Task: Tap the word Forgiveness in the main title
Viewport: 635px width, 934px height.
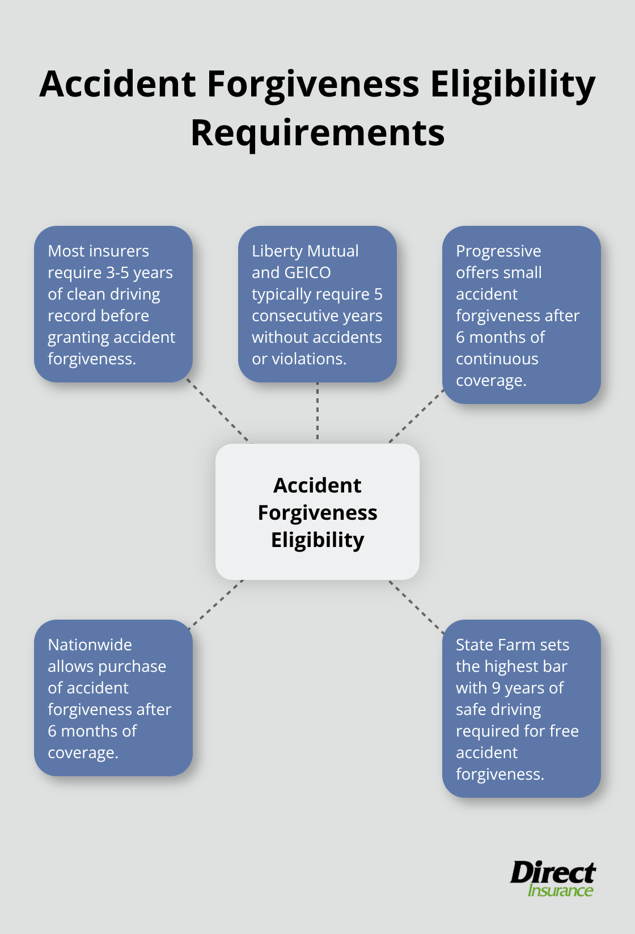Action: click(x=313, y=84)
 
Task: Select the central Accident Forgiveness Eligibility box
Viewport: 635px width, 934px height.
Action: click(x=317, y=512)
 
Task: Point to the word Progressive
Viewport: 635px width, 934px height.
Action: click(x=498, y=251)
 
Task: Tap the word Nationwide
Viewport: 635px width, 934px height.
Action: click(x=90, y=645)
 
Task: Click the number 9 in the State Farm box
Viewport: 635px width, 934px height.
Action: click(x=496, y=688)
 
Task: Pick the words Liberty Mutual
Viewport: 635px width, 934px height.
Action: click(x=305, y=251)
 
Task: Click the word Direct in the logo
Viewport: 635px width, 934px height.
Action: click(x=552, y=872)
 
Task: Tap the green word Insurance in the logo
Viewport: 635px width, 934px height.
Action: click(x=560, y=890)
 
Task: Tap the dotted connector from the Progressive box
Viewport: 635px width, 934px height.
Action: click(x=416, y=416)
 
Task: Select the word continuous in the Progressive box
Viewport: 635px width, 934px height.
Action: click(x=497, y=359)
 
